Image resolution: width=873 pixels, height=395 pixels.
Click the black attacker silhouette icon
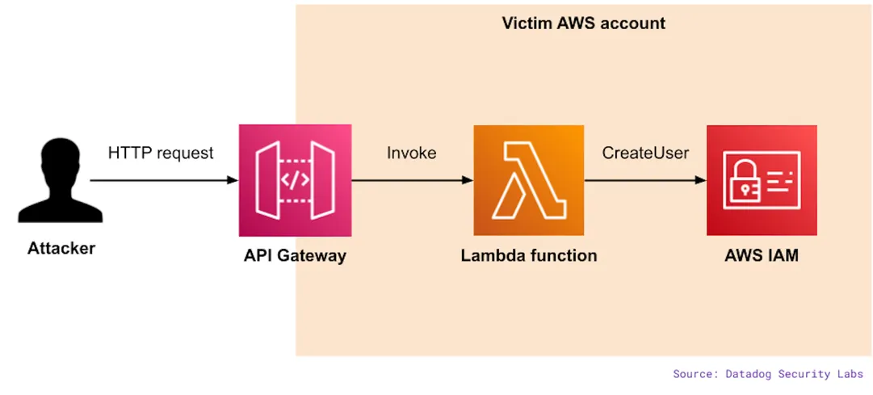tap(61, 182)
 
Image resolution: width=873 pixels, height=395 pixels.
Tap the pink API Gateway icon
tap(295, 180)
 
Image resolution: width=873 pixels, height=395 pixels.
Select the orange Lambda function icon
tap(529, 180)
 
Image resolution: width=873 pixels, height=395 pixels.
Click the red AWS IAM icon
tap(762, 180)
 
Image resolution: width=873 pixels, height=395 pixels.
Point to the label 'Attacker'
tap(61, 249)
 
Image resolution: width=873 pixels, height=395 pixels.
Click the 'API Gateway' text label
tap(295, 256)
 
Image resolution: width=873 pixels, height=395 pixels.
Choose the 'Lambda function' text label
tap(529, 256)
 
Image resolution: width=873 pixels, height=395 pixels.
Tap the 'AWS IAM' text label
tap(762, 256)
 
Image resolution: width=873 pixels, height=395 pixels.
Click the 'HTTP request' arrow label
tap(161, 153)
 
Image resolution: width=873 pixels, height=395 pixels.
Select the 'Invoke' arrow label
tap(411, 153)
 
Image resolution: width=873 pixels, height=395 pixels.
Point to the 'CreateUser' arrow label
tap(645, 153)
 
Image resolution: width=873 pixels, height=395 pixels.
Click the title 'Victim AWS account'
tap(584, 23)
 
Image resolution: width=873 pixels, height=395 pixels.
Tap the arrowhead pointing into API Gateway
tap(233, 180)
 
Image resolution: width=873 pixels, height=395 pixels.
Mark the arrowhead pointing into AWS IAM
tap(700, 180)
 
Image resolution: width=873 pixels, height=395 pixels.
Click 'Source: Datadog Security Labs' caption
tap(768, 374)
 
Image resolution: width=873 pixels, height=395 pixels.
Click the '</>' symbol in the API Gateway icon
tap(295, 180)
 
